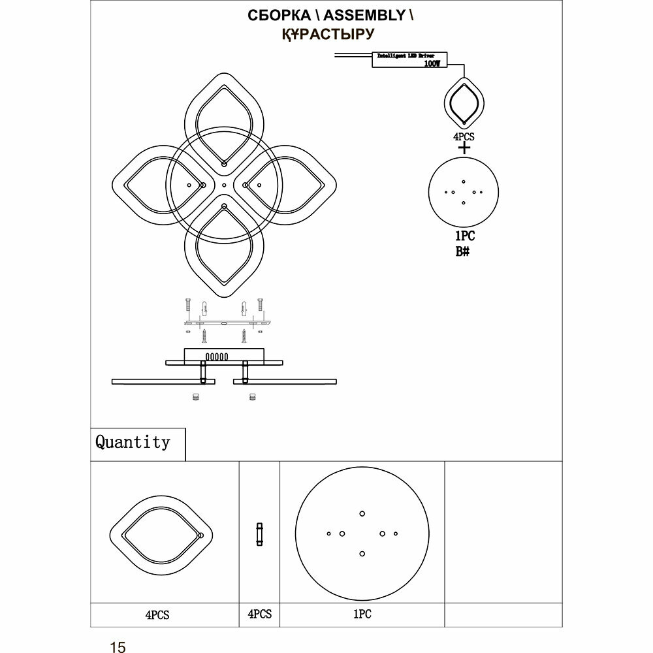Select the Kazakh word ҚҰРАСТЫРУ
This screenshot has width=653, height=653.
(x=327, y=35)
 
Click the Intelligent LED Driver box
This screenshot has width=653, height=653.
(x=407, y=59)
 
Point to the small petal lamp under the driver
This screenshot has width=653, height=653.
(x=464, y=103)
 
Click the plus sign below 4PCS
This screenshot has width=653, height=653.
(x=464, y=149)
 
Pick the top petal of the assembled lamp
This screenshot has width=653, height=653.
(x=224, y=118)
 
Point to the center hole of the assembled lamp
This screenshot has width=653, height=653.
(x=224, y=186)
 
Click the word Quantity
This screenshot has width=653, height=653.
(x=133, y=442)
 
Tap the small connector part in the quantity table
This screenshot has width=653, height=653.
(x=260, y=534)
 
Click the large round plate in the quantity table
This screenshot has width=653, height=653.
(x=362, y=534)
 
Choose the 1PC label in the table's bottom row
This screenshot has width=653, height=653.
(x=362, y=614)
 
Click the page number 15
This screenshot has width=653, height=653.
(x=118, y=646)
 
